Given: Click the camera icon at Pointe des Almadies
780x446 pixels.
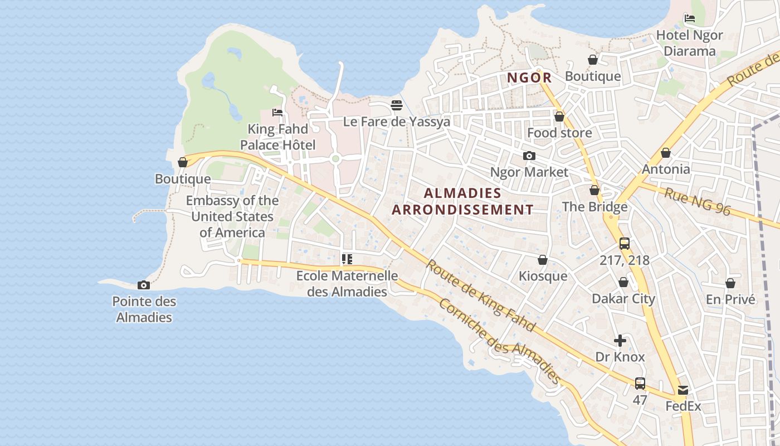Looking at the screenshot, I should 143,285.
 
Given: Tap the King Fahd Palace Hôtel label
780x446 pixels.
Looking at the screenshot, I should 277,137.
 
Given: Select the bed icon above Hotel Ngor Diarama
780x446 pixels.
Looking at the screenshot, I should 689,18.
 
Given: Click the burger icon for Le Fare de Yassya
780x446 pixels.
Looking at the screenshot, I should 397,105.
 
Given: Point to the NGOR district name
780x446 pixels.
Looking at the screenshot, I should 529,77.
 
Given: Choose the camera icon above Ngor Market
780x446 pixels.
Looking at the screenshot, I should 529,156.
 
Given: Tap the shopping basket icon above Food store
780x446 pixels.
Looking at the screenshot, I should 559,117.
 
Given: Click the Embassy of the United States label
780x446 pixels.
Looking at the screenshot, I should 232,216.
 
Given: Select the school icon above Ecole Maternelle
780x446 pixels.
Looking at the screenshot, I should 347,259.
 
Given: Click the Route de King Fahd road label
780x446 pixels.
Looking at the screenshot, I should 480,295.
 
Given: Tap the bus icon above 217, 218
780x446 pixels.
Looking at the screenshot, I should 624,244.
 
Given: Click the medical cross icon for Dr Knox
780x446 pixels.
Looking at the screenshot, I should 620,341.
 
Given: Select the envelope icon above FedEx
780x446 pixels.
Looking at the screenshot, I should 683,390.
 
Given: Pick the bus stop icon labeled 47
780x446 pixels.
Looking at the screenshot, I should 640,384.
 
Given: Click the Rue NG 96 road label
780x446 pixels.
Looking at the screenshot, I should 697,201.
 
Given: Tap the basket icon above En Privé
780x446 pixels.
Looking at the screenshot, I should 730,283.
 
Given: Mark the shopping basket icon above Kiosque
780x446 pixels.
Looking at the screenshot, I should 542,260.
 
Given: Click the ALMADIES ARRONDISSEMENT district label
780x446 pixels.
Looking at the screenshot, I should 462,201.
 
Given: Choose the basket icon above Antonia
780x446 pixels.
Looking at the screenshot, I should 665,153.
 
